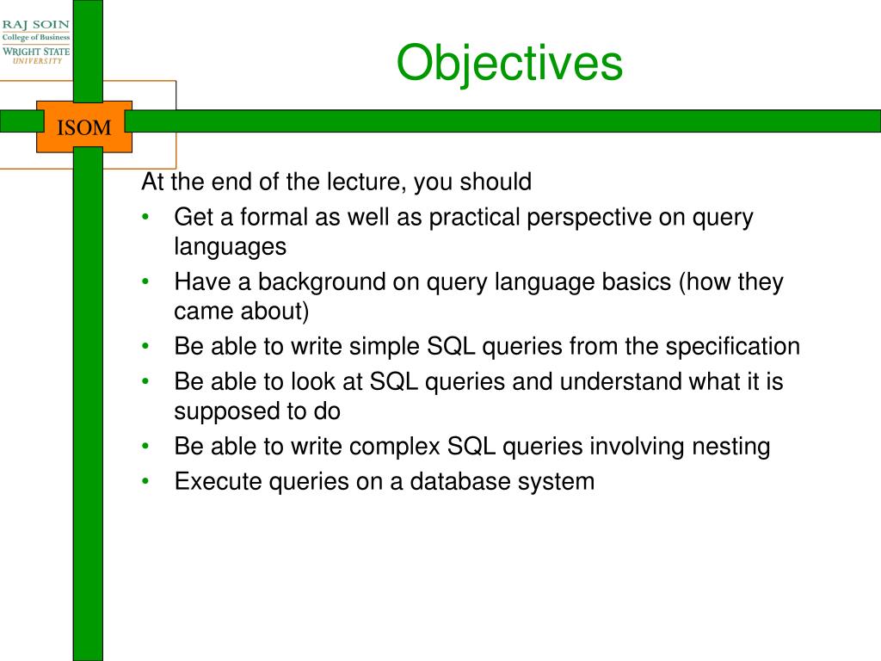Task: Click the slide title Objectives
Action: [509, 64]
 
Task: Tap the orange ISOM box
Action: [84, 127]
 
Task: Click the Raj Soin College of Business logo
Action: [36, 41]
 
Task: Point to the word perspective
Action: [588, 218]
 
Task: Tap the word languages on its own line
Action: [230, 247]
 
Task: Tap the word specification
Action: [733, 347]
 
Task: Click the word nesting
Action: [730, 448]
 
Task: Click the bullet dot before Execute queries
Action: [145, 482]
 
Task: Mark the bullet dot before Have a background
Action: [145, 281]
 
